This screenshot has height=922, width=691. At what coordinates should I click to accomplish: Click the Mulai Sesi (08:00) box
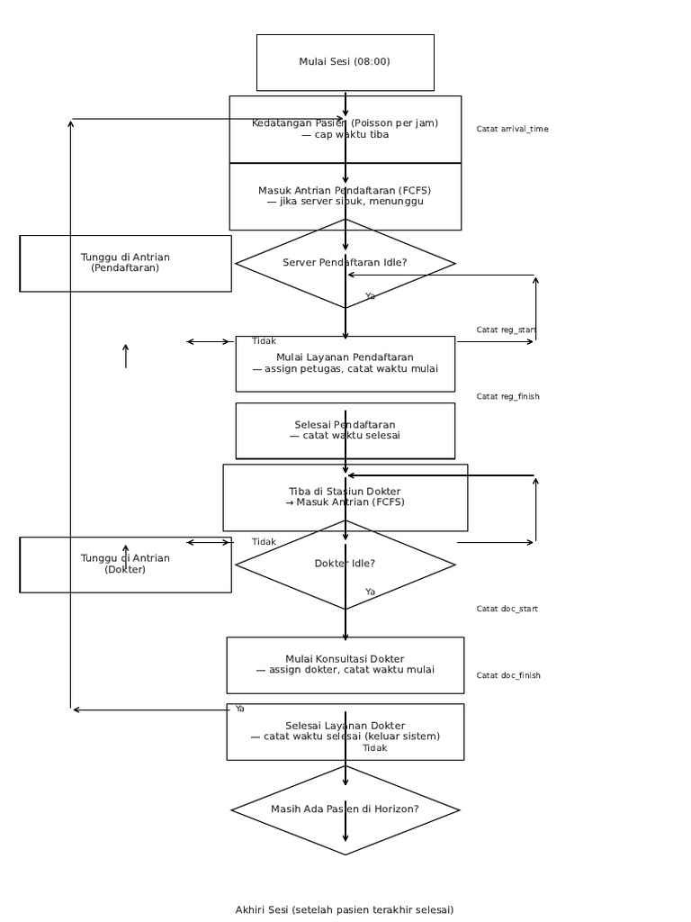(x=345, y=62)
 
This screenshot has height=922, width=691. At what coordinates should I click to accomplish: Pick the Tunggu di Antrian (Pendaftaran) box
(x=125, y=263)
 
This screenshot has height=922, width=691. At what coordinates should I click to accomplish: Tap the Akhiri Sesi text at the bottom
(x=345, y=910)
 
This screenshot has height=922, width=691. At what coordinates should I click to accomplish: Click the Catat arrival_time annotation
(x=512, y=130)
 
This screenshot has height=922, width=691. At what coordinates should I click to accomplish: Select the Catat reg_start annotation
(x=507, y=330)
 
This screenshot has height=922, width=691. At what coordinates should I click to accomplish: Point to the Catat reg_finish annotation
(x=508, y=397)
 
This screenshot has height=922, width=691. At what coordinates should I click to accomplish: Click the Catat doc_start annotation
(x=507, y=610)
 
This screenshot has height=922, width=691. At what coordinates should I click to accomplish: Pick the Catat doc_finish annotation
(x=508, y=676)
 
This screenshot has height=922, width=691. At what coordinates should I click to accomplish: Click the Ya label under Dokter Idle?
(x=370, y=592)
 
